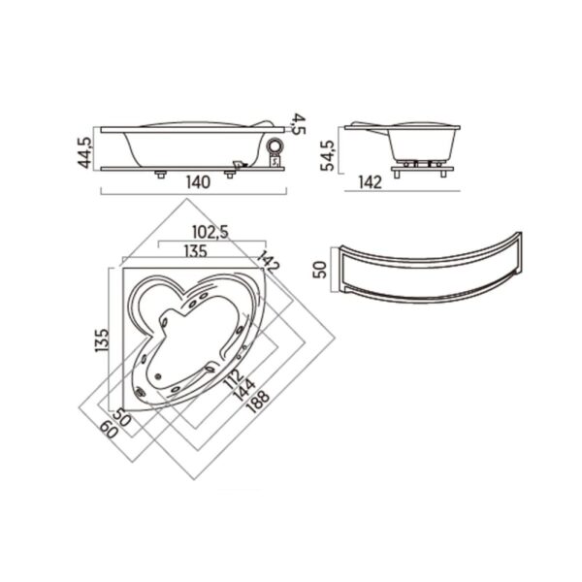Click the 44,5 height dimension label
click(84, 152)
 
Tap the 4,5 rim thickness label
click(300, 124)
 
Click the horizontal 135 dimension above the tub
click(196, 251)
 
